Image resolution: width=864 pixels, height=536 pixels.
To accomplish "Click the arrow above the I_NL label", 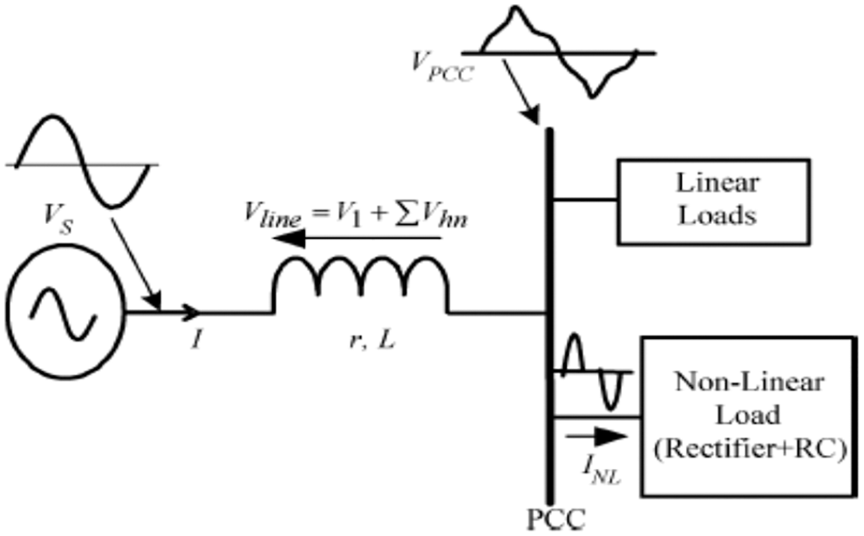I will pyautogui.click(x=596, y=433).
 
